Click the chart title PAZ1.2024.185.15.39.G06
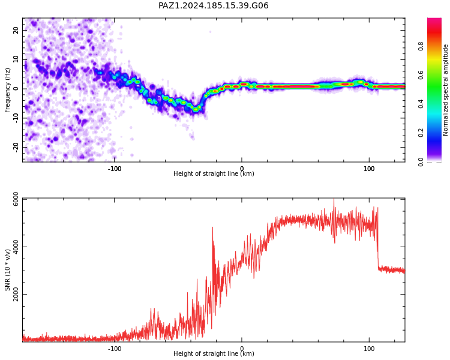(213, 5)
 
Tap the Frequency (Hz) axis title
(7, 90)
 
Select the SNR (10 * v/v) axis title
(7, 270)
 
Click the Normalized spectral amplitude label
(445, 90)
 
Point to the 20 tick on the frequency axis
(16, 30)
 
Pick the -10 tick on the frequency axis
(16, 118)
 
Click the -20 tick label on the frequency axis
(16, 148)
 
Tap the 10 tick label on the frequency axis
(16, 59)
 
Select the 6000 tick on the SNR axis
(16, 199)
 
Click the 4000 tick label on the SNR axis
(16, 247)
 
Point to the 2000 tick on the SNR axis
(16, 294)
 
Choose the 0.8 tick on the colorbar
(421, 46)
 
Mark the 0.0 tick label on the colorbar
(421, 161)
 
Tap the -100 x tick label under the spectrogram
(115, 169)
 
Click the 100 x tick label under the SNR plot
(369, 349)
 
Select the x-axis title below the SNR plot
(214, 353)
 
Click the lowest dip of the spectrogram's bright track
(196, 109)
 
